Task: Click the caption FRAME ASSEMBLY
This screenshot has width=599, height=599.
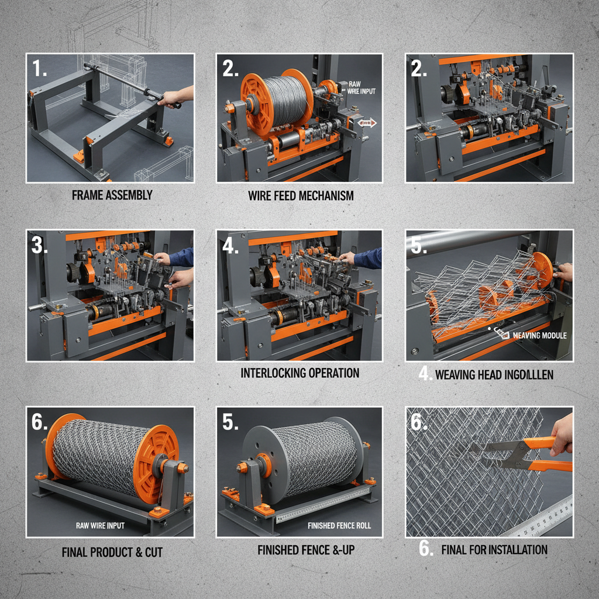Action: point(112,195)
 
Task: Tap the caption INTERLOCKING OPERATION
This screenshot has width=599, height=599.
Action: point(299,373)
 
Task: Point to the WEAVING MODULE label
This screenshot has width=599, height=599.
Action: point(536,336)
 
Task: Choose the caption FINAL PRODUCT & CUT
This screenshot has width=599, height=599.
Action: point(112,552)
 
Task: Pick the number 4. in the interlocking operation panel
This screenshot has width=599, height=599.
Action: point(230,246)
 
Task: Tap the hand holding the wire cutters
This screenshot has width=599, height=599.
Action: point(562,433)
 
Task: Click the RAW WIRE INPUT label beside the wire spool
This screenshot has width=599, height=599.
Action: point(362,87)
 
